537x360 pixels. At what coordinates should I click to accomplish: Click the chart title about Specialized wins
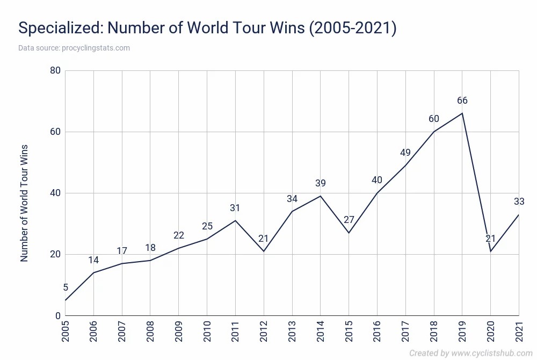[x=207, y=28]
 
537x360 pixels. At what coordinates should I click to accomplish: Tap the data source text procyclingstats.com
[x=74, y=48]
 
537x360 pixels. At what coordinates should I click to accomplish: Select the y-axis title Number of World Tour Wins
[x=24, y=203]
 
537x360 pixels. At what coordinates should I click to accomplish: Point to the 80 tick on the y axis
[x=54, y=70]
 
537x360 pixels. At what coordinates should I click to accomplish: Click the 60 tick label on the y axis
[x=54, y=132]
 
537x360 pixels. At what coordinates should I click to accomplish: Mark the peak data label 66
[x=462, y=100]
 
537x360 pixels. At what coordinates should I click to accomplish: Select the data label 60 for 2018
[x=434, y=119]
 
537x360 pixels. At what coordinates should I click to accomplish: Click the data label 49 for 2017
[x=405, y=153]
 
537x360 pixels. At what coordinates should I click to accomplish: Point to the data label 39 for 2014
[x=321, y=183]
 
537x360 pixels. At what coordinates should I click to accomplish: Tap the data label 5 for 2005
[x=66, y=287]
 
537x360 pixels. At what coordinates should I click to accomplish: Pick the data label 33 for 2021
[x=519, y=201]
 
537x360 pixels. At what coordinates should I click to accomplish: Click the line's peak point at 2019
[x=462, y=113]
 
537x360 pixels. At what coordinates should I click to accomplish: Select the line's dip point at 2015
[x=349, y=233]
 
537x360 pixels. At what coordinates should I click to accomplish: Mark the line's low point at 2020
[x=491, y=251]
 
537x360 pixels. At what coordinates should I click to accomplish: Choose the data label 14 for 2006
[x=94, y=260]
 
